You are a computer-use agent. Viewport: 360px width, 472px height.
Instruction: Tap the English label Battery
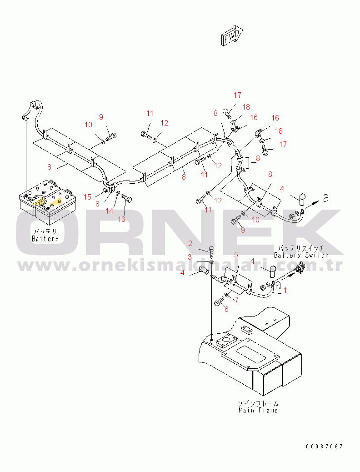click(45, 238)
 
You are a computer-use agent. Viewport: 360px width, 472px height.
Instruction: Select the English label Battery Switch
click(301, 255)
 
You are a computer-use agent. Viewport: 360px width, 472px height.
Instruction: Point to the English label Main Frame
click(258, 410)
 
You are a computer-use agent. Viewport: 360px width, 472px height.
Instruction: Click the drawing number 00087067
click(324, 447)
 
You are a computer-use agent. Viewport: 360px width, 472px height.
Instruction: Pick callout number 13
click(121, 219)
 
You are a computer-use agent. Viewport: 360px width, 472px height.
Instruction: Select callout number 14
click(110, 211)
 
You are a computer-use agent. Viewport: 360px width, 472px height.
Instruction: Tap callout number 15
click(88, 196)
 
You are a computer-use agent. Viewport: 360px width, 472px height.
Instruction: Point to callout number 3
click(190, 257)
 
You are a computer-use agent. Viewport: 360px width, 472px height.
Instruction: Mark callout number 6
click(226, 309)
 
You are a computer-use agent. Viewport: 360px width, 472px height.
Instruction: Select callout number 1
click(285, 289)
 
